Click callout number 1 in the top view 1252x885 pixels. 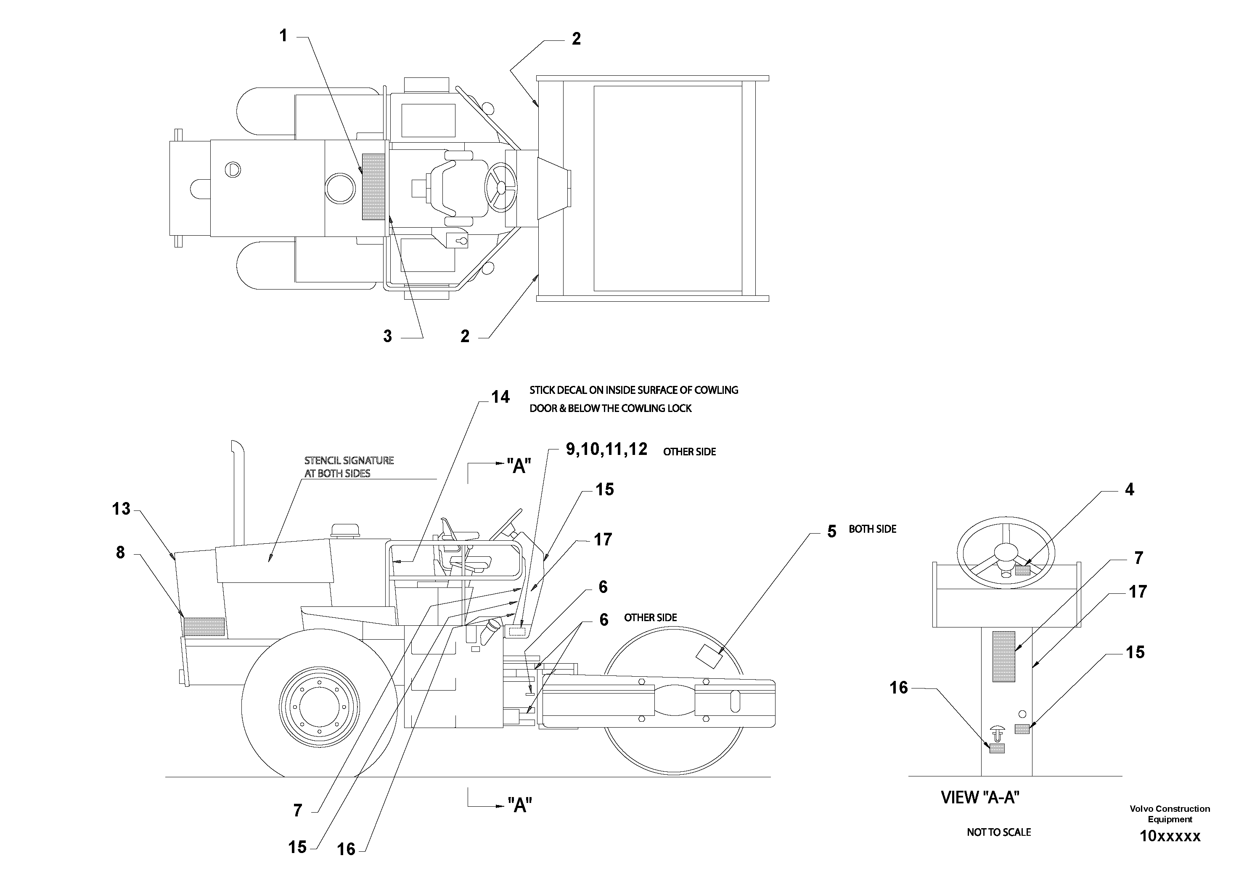tap(283, 36)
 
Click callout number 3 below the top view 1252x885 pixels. tap(387, 336)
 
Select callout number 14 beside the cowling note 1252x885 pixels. tap(500, 397)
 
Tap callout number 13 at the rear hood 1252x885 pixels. tap(121, 509)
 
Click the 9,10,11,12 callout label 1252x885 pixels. tap(606, 449)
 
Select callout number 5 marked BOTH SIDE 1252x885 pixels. tap(831, 532)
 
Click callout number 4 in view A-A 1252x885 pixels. tap(1129, 489)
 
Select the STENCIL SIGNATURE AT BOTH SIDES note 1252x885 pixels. tap(349, 467)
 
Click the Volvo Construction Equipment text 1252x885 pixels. tap(1170, 813)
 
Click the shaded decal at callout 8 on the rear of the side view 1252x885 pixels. tap(204, 627)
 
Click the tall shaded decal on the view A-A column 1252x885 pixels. tap(1003, 656)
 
